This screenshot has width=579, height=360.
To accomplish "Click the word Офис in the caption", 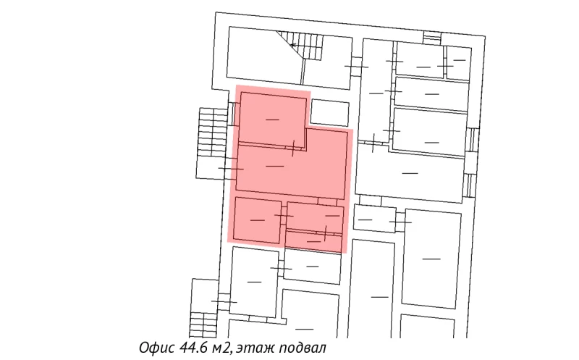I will click(154, 348).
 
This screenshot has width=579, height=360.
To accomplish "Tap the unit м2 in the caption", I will click(222, 348).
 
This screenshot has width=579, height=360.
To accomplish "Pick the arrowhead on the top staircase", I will click(292, 45).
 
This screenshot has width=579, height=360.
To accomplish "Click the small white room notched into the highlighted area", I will click(329, 112).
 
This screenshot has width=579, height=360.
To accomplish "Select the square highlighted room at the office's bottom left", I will click(257, 220).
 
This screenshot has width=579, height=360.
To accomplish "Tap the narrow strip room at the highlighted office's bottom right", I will click(314, 241).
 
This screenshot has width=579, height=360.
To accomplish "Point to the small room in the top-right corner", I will click(457, 65).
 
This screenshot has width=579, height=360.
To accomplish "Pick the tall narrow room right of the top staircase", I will click(375, 91).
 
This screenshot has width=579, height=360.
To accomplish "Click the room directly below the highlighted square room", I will click(253, 281).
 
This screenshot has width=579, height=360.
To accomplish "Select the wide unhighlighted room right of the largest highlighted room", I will click(409, 174).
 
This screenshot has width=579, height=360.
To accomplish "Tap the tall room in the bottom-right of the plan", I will click(431, 257).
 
